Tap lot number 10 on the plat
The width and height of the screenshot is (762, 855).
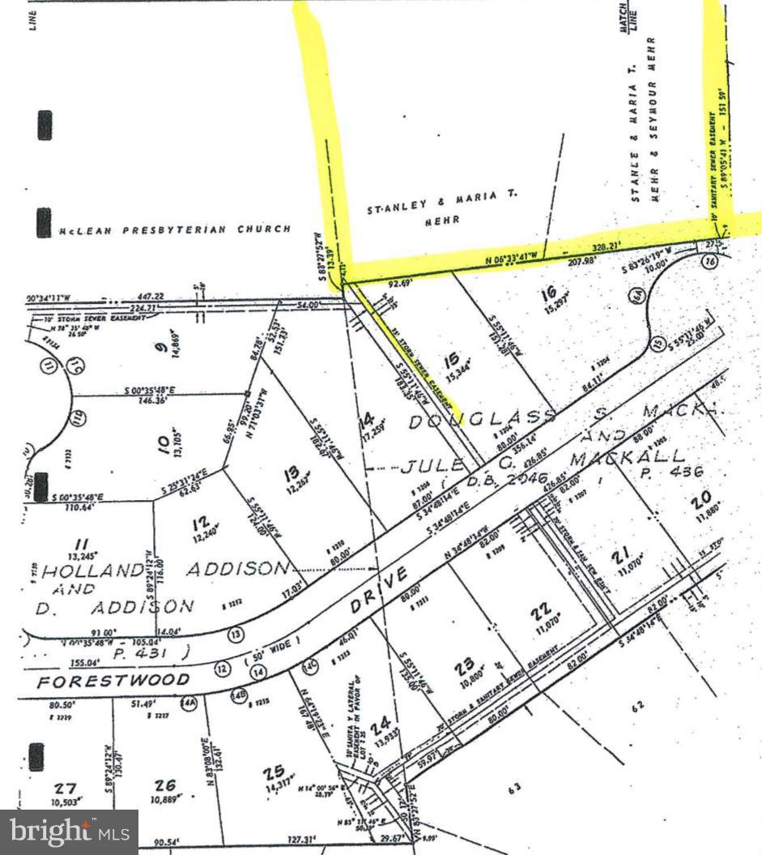point(164,442)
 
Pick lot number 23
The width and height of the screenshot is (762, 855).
point(464,667)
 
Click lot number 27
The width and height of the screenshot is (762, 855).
point(65,788)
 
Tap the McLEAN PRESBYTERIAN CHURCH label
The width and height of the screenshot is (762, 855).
point(174,229)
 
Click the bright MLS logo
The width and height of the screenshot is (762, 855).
point(68,831)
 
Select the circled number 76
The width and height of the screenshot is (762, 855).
point(709,261)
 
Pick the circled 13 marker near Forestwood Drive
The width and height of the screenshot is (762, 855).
point(236,633)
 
